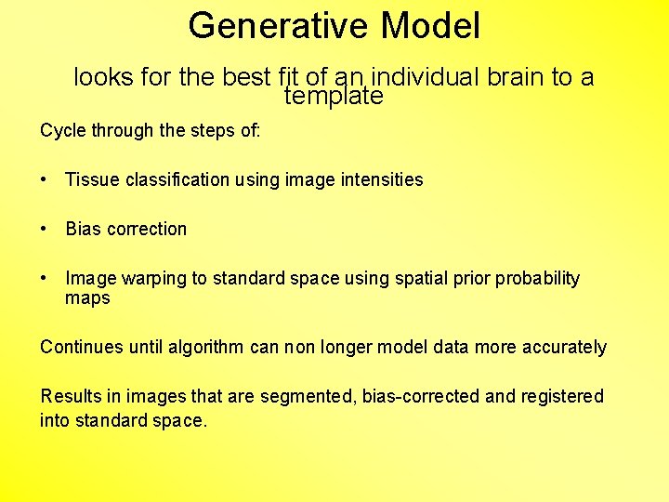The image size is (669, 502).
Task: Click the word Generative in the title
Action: tap(279, 26)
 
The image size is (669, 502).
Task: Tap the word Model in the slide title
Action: tap(430, 26)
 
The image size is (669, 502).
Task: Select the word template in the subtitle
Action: tap(334, 96)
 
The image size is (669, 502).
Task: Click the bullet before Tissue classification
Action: tap(45, 179)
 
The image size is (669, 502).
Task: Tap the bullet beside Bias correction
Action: tap(45, 229)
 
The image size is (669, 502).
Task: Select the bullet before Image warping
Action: tap(45, 278)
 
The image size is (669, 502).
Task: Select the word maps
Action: tap(87, 298)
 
